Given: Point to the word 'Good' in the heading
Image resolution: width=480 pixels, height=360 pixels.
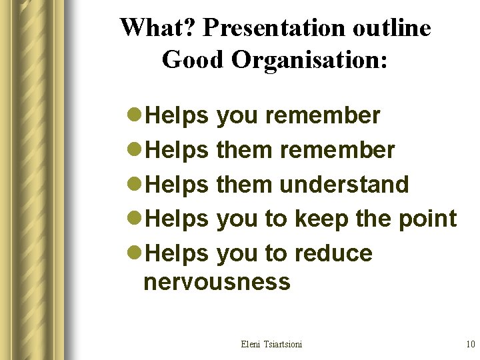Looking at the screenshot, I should coord(193,60).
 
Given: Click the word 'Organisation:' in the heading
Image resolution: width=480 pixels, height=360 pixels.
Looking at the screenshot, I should coord(309,61).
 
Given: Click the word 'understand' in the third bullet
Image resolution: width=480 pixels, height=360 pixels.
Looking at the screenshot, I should coord(344,185).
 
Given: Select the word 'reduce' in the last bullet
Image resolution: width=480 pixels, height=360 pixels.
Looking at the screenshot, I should coord(333,254).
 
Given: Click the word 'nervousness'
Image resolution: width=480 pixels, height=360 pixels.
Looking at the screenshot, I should coord(217,283).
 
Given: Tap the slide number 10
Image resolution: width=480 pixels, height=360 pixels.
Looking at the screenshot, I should coord(470,344).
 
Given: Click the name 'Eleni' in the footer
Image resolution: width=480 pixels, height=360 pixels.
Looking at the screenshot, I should coord(252,344).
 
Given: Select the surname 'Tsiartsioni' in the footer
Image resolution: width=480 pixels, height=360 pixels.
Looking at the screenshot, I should coord(284,344).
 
